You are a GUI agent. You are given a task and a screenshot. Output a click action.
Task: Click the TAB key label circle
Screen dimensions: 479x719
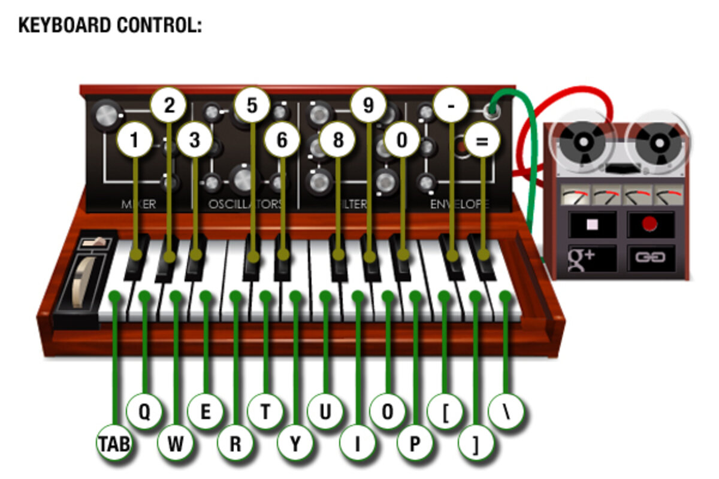click(x=114, y=444)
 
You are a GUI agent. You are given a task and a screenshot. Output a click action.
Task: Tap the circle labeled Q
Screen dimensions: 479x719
click(x=144, y=412)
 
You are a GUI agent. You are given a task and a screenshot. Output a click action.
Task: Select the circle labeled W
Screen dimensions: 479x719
click(x=176, y=444)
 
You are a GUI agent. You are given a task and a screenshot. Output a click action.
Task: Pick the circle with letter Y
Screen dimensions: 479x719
click(x=295, y=444)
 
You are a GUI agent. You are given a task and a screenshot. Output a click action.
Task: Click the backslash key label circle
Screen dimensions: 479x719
click(x=506, y=412)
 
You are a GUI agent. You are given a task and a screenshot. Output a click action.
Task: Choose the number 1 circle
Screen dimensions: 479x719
click(x=134, y=141)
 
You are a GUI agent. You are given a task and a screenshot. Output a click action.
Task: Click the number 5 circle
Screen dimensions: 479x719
click(x=252, y=105)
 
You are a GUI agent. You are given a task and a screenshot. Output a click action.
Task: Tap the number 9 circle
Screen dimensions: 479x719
click(x=368, y=105)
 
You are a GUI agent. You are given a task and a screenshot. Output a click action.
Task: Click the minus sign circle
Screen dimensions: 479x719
click(x=450, y=105)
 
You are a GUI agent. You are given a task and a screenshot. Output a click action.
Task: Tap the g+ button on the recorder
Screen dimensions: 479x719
click(x=592, y=258)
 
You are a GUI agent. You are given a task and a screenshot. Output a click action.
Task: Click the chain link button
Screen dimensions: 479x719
click(x=650, y=258)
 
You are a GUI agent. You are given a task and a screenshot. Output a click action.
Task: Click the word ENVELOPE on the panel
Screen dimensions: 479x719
click(x=459, y=204)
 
